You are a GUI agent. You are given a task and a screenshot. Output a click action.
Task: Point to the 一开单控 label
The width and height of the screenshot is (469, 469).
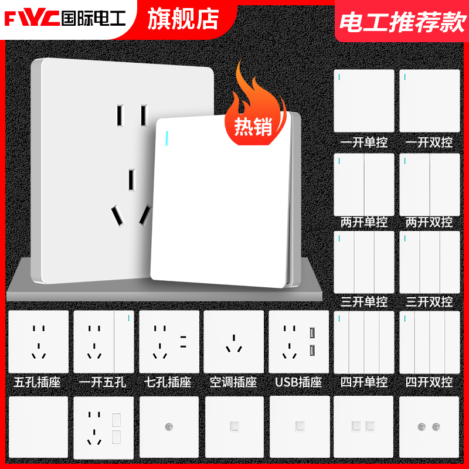pos(363,142)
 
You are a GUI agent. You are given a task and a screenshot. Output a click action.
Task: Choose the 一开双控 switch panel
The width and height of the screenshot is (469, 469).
pos(429,101)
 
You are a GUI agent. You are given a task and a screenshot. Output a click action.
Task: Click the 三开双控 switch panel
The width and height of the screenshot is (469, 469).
pos(429,261)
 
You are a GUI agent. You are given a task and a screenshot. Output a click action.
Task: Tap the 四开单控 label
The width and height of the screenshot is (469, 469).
pos(363,382)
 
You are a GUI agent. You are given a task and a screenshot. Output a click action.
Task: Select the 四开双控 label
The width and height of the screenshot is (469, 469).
pos(429,382)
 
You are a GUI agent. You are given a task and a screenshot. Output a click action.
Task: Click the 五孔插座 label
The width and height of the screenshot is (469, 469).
pos(37,382)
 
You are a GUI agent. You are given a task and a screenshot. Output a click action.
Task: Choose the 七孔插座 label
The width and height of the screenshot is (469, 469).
pos(168,382)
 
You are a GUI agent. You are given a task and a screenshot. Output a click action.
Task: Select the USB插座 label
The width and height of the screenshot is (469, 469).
pos(298,382)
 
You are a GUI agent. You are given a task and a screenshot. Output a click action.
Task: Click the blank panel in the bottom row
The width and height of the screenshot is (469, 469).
pos(38,426)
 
